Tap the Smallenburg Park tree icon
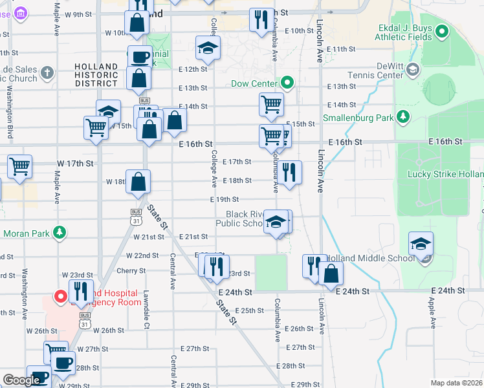(x=403, y=116)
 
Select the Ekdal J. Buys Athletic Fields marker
(x=443, y=30)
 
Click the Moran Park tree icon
(x=60, y=232)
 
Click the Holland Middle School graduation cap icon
(x=421, y=244)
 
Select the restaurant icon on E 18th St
(x=289, y=172)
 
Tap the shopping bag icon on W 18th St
(x=138, y=181)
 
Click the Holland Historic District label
(x=96, y=74)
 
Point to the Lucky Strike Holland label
(x=445, y=174)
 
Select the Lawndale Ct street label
(x=147, y=316)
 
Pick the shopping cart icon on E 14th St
(x=271, y=103)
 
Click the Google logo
(x=21, y=380)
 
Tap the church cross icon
(x=47, y=73)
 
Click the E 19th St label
(x=226, y=199)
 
